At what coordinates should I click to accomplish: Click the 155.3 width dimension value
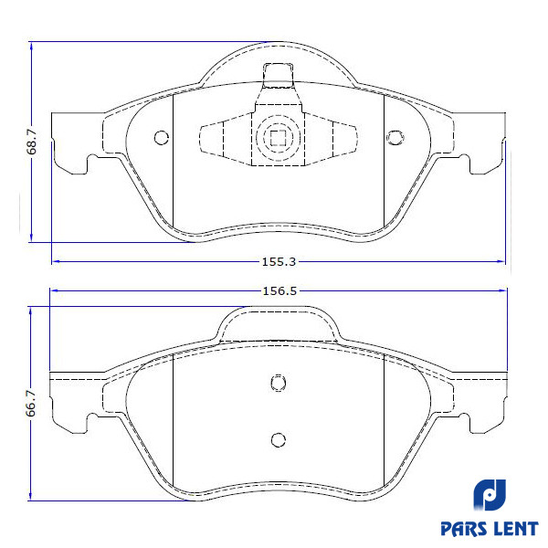coord(279,262)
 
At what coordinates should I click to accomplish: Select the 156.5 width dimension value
coord(279,290)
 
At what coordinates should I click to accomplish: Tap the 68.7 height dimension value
coord(31,142)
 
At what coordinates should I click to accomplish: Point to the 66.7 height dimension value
coord(31,404)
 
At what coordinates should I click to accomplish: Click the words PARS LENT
coord(490,529)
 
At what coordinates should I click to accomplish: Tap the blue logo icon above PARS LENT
coord(490,494)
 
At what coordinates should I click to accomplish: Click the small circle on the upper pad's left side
coord(162,138)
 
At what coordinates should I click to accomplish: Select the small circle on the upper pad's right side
coord(395,138)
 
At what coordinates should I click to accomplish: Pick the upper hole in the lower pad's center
coord(279,383)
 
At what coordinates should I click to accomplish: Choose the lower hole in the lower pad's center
coord(279,439)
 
